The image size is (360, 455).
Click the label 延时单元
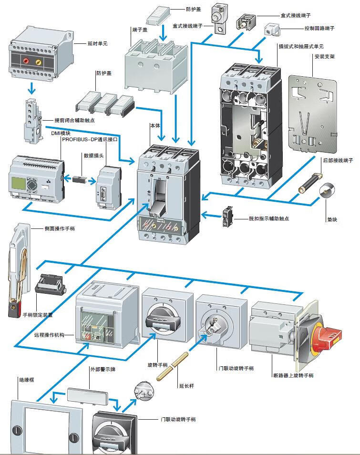tap(98, 43)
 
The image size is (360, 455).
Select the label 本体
tap(155, 125)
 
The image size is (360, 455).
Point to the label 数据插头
tap(93, 155)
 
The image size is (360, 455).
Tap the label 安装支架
tap(324, 56)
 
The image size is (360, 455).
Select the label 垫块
tap(332, 219)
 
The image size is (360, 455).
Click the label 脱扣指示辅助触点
tap(268, 218)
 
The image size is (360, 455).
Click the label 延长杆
tap(186, 385)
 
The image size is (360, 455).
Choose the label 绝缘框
tap(26, 380)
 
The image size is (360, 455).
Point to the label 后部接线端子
tap(338, 161)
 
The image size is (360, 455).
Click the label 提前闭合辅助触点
tap(74, 120)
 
